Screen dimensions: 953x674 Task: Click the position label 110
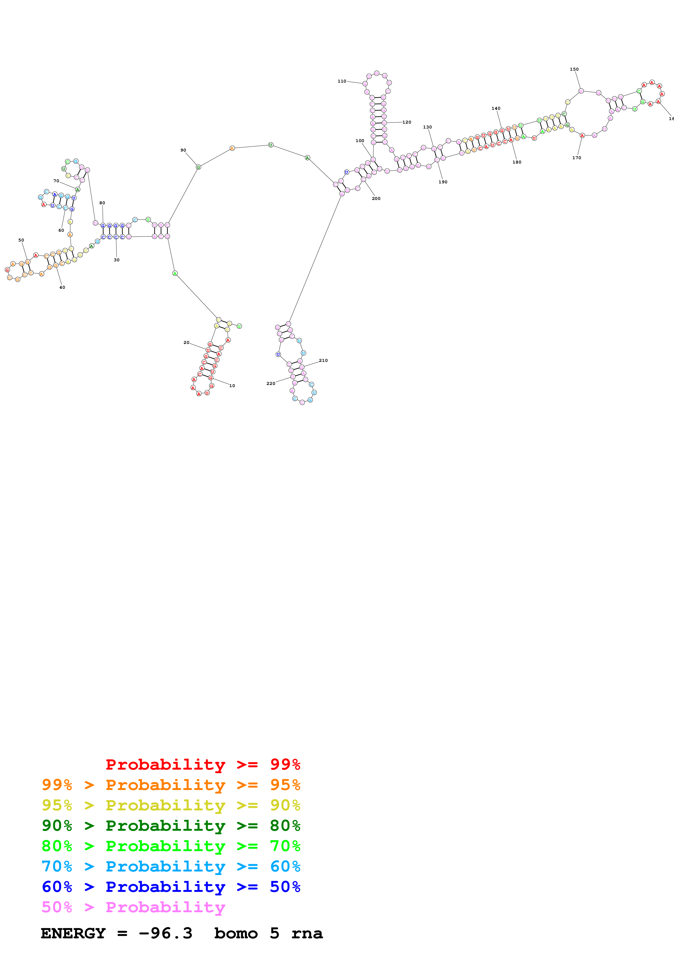click(342, 81)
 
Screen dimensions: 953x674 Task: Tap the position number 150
click(574, 69)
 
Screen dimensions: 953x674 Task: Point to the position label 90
click(183, 150)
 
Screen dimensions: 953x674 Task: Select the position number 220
click(271, 384)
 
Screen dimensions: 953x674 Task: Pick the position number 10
click(232, 385)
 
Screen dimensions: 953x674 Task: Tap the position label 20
click(187, 342)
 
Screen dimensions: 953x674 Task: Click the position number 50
click(21, 240)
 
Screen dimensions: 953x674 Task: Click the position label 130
click(427, 127)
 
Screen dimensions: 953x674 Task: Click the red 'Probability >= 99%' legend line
click(203, 764)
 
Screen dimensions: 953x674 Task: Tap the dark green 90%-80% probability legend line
click(171, 826)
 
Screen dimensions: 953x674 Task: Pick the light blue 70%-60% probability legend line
click(171, 866)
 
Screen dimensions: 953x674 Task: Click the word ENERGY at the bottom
click(73, 933)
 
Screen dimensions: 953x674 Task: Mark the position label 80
click(102, 203)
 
